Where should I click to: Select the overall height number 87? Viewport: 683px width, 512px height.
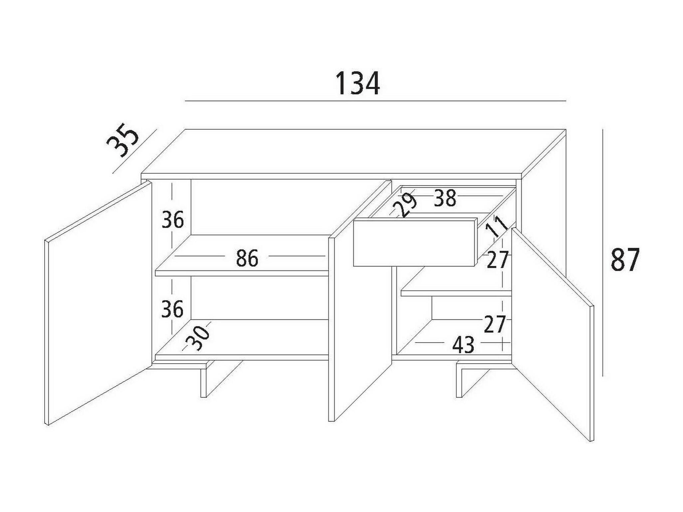[625, 260]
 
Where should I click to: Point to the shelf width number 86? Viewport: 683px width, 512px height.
[247, 258]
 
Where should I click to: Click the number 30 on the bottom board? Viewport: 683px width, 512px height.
[198, 338]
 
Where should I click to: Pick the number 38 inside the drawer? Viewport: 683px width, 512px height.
[445, 199]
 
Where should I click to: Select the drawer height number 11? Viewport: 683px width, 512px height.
[496, 226]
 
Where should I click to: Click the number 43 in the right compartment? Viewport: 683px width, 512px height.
[463, 345]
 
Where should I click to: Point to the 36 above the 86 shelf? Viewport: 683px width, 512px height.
[172, 220]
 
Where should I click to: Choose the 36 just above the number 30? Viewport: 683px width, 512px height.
[172, 309]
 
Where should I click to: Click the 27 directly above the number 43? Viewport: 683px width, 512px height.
[495, 325]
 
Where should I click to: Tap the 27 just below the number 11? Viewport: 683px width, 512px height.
[497, 260]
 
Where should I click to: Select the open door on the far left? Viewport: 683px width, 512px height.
[97, 303]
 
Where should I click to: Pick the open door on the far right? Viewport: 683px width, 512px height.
[553, 333]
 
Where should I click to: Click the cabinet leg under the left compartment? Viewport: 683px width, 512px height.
[204, 383]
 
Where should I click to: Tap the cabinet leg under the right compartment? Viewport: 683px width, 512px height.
[460, 383]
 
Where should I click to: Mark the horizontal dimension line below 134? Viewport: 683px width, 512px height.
[375, 100]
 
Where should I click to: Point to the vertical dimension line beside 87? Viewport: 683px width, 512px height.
[602, 253]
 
